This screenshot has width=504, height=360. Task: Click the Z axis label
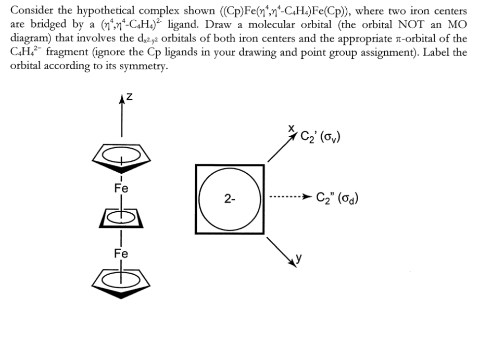point(130,97)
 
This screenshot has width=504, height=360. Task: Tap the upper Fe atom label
point(121,187)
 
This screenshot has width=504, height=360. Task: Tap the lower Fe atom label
point(121,254)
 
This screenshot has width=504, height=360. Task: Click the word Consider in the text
point(32,10)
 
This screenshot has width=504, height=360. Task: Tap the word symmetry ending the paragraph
point(139,67)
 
